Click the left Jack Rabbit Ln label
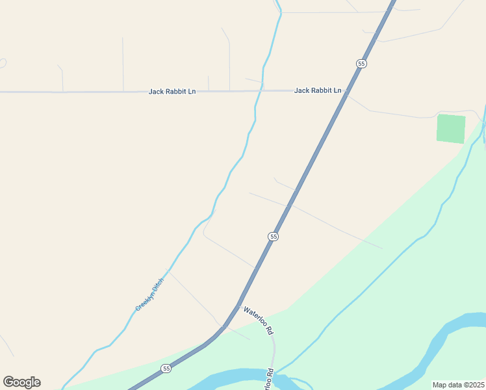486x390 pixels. [172, 92]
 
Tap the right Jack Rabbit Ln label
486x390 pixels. [318, 90]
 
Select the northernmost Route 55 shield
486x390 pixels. [361, 63]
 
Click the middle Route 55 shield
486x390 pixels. [274, 237]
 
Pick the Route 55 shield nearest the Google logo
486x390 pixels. [166, 369]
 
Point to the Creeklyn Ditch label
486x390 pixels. [150, 293]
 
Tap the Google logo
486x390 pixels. [21, 382]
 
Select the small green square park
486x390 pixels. [451, 128]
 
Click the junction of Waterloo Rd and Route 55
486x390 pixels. [238, 306]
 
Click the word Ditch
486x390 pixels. [158, 283]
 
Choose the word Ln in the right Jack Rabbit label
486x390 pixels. [337, 90]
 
